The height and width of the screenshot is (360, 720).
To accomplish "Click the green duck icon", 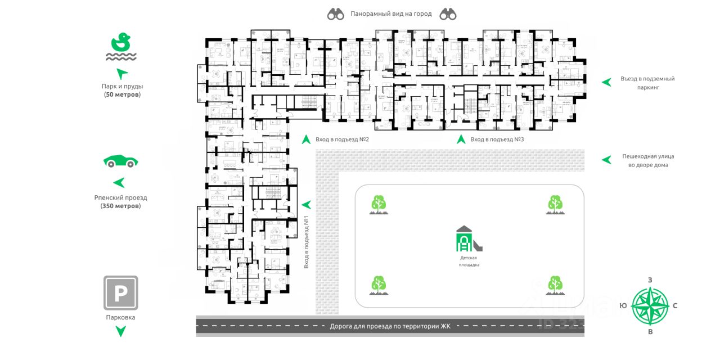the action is [x=121, y=42].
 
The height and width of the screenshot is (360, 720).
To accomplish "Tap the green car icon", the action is [x=120, y=161].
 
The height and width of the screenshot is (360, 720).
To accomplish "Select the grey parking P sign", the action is [x=120, y=292].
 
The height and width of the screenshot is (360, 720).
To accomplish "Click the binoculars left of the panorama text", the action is [x=336, y=15].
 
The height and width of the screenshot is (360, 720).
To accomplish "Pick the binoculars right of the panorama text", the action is [x=448, y=15].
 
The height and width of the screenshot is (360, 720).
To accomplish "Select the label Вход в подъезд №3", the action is [x=497, y=139].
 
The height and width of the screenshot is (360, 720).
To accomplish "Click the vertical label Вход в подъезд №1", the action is [x=307, y=244].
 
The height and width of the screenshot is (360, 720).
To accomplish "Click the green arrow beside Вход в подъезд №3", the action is [x=461, y=139].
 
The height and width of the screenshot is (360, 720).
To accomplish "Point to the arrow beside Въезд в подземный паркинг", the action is [x=606, y=82].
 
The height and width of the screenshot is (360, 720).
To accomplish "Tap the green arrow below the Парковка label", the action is [x=120, y=331].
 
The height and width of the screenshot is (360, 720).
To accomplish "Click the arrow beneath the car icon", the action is [x=119, y=183].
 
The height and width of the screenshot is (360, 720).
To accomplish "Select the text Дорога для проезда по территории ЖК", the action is [x=390, y=326].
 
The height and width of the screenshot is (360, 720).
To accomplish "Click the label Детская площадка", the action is [x=469, y=260].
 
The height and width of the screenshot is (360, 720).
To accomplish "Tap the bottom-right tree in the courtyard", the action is [x=555, y=285].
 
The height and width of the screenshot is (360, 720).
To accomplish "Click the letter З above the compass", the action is [x=650, y=280].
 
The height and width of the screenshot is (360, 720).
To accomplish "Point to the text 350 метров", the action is [x=121, y=206].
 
